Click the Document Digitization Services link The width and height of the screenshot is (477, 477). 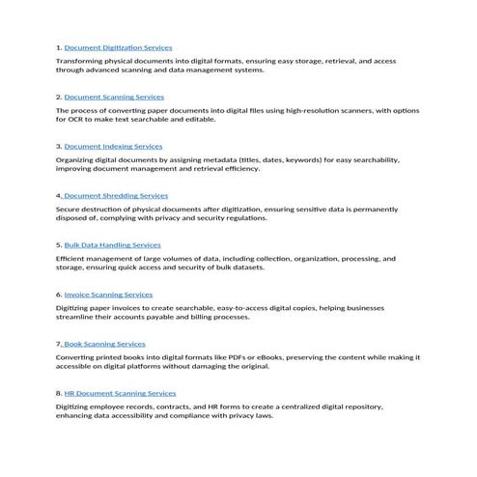point(119,47)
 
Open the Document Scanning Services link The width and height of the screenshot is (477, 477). point(114,98)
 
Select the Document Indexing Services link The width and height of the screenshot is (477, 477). point(113,147)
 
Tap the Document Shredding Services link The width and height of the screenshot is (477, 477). point(116,196)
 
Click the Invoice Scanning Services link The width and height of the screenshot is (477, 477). point(108,295)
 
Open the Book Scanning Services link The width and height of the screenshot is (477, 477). point(105,344)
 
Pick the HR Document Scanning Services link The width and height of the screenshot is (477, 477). point(120,393)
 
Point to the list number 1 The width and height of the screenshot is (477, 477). point(59,47)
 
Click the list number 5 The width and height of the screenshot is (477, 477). point(59,245)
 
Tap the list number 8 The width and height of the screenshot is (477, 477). point(59,393)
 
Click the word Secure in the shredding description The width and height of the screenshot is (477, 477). point(69,209)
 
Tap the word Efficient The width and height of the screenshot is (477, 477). point(72,259)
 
